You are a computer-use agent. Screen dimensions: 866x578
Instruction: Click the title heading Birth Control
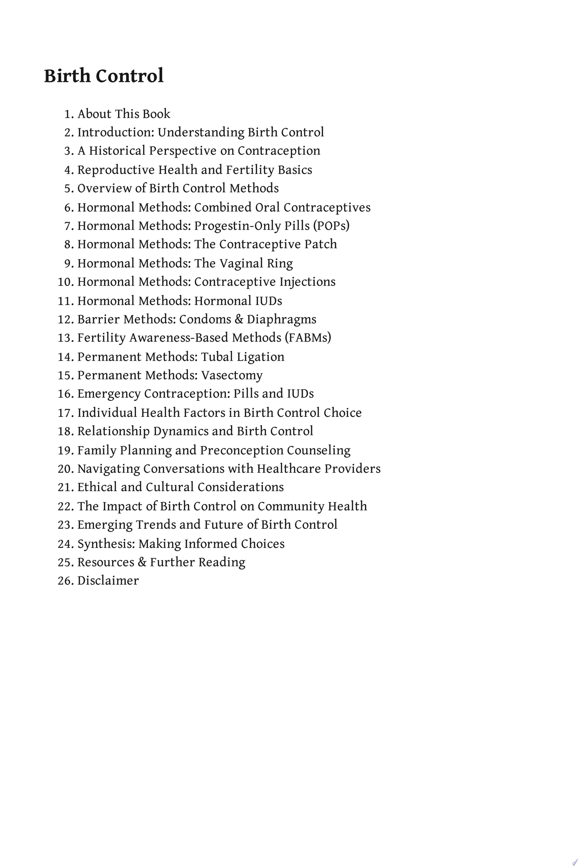104,76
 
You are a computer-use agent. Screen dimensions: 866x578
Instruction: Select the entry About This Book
124,114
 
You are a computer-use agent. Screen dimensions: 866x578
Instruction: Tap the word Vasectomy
232,376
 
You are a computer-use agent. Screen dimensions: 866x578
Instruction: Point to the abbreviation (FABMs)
308,338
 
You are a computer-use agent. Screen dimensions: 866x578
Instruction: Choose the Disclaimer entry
108,581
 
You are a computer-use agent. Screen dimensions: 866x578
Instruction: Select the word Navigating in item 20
108,469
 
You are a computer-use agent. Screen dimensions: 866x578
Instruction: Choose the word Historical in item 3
117,151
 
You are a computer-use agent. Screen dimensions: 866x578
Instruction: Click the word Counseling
319,450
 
